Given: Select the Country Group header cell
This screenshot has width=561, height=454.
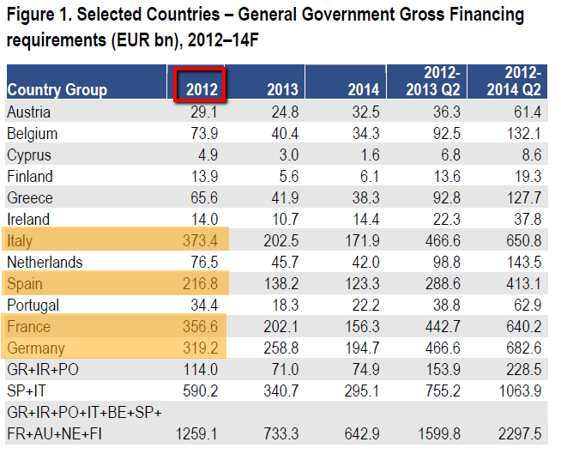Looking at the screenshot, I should pyautogui.click(x=57, y=89).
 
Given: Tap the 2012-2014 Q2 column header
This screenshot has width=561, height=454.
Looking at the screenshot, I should pyautogui.click(x=512, y=81).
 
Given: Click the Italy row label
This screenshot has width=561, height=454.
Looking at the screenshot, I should pyautogui.click(x=20, y=240).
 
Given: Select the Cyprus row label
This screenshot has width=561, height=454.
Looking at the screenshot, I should pyautogui.click(x=28, y=154).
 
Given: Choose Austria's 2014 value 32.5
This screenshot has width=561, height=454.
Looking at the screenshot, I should pyautogui.click(x=363, y=112).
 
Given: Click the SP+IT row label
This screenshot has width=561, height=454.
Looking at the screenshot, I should pyautogui.click(x=27, y=390).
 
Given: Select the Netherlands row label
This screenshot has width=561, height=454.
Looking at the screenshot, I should pyautogui.click(x=45, y=262).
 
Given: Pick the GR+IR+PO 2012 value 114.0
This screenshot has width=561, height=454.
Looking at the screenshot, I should pyautogui.click(x=199, y=369).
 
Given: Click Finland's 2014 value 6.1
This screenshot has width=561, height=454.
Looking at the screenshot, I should pyautogui.click(x=366, y=176).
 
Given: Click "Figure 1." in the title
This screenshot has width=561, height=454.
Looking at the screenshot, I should pyautogui.click(x=39, y=15).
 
